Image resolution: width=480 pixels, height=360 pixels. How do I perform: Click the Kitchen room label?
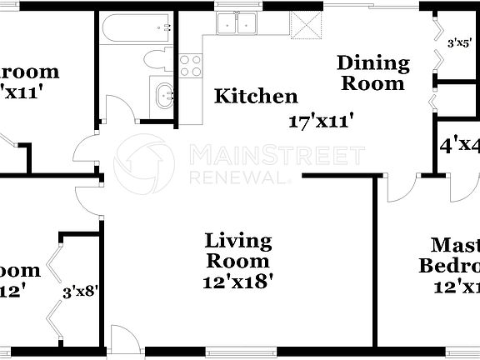[256, 97]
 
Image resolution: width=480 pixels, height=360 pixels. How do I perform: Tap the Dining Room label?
[372, 72]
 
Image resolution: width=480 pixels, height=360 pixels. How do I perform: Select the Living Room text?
[238, 251]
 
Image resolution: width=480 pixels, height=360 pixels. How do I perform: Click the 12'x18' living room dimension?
[238, 282]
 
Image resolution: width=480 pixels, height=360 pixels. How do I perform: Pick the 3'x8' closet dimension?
[81, 292]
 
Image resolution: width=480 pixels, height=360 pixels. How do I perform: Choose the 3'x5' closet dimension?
[463, 42]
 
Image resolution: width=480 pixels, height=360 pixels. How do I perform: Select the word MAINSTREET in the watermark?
[277, 154]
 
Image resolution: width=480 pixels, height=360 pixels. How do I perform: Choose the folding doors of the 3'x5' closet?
[437, 42]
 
